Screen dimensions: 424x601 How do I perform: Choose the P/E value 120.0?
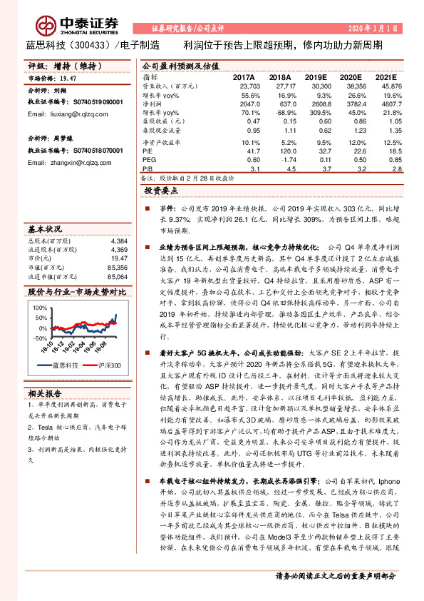click(x=281, y=151)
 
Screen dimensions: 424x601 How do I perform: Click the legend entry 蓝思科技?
click(x=63, y=365)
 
